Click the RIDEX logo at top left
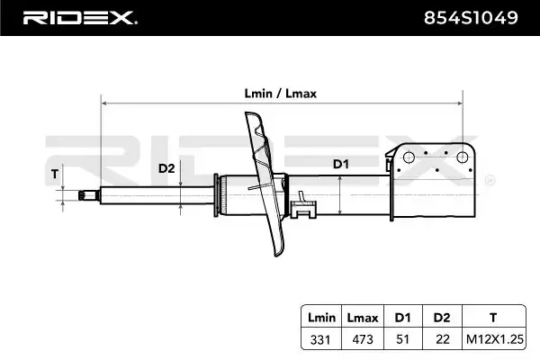point(79,17)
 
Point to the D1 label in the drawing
point(340,164)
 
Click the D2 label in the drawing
point(166,168)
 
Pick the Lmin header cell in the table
point(321,318)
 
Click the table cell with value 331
point(321,339)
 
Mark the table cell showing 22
point(441,339)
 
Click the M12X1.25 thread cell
point(492,339)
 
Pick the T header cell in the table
point(492,318)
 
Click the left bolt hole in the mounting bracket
point(409,158)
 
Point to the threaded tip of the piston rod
point(86,193)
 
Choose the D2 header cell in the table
point(441,318)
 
